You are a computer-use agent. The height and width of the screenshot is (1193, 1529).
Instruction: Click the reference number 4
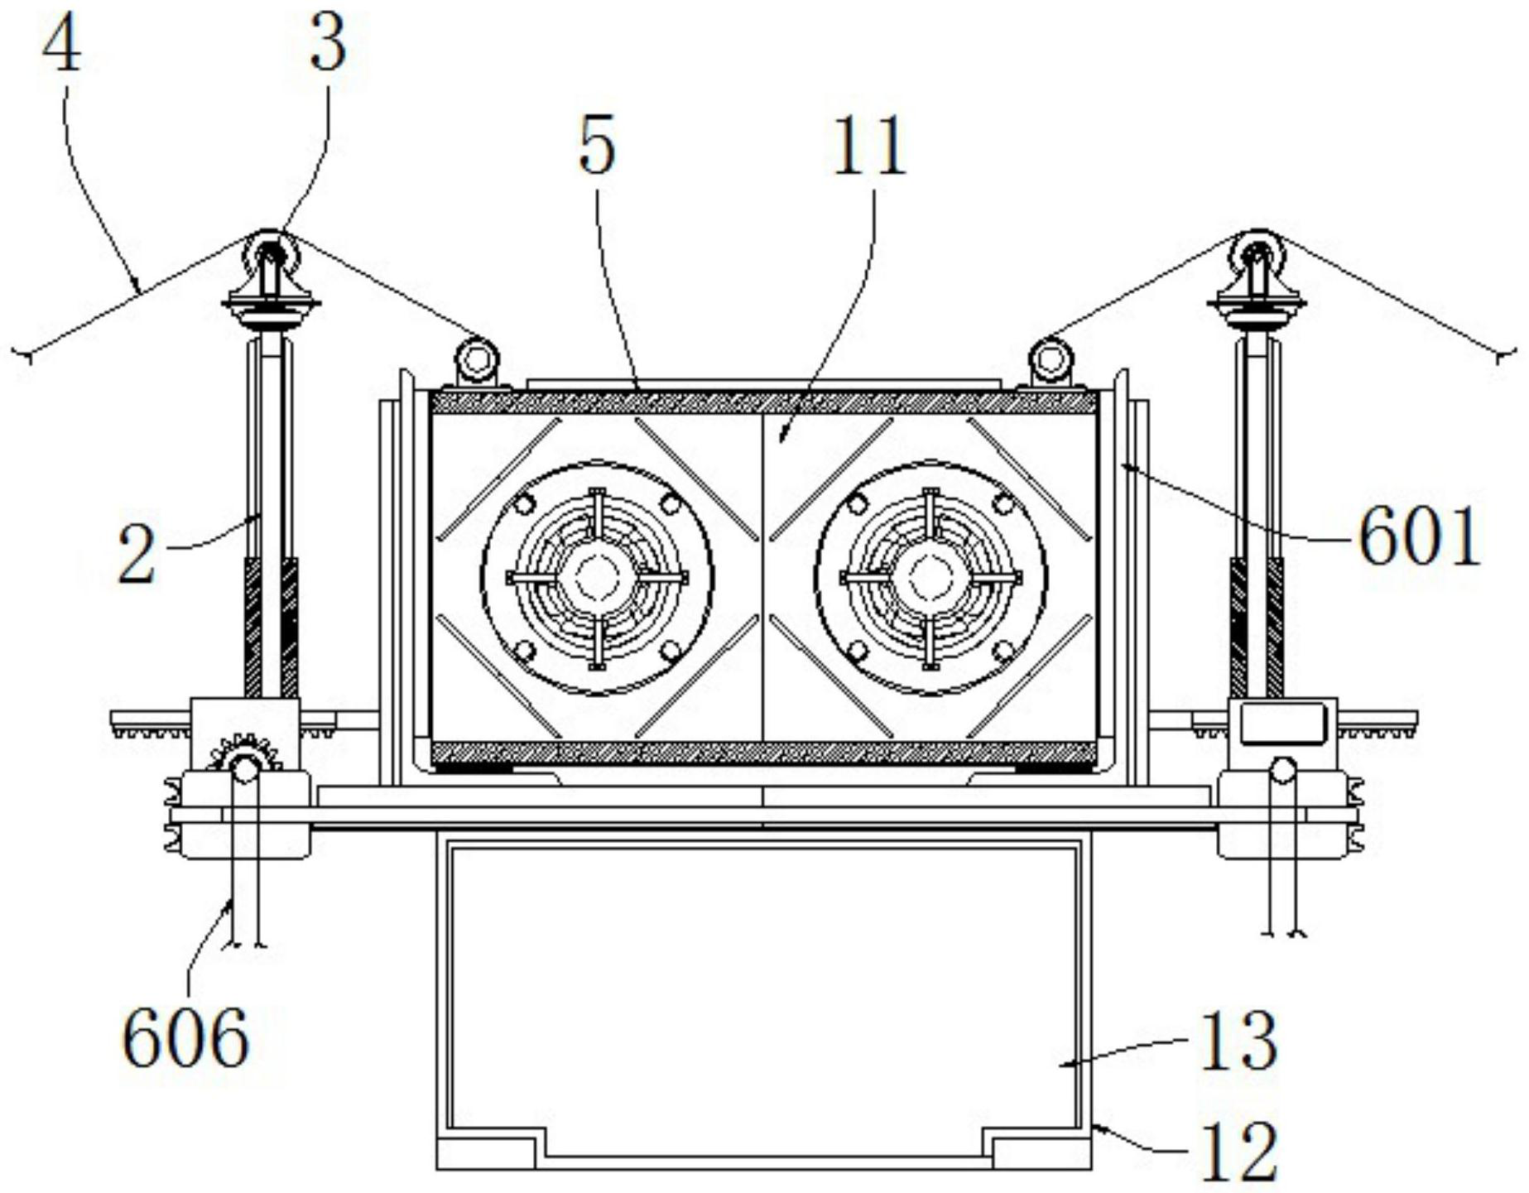pos(62,46)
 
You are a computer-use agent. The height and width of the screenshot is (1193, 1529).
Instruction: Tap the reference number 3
pos(328,46)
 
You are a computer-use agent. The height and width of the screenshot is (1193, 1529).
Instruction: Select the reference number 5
pos(597,147)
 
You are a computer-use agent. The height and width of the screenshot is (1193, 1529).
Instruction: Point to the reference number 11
pos(869,147)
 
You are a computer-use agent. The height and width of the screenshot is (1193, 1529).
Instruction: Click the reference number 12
pos(1238,1152)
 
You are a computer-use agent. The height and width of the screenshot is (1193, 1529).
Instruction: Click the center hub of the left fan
pos(594,577)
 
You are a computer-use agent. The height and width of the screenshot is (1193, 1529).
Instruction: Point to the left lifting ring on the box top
pos(477,359)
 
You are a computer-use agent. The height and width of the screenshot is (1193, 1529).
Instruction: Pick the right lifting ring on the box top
pos(1049,359)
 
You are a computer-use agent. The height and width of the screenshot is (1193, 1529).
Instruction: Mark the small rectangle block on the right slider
pos(1282,722)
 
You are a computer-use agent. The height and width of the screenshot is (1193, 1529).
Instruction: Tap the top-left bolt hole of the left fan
pos(522,504)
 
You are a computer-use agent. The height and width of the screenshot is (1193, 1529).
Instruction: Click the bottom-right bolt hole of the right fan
pos(1003,651)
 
